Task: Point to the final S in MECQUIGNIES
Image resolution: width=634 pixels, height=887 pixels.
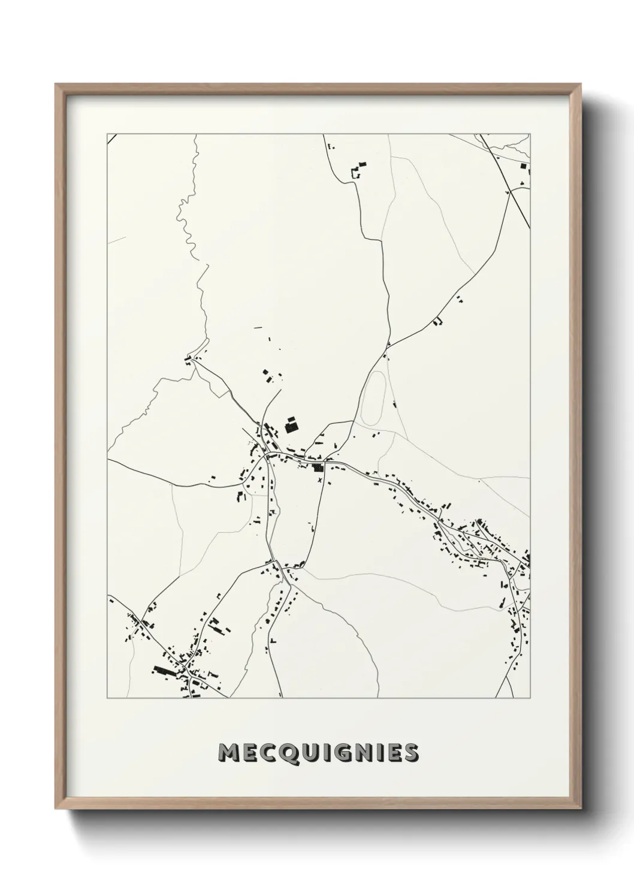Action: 410,752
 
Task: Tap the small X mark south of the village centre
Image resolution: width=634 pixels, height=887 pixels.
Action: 321,480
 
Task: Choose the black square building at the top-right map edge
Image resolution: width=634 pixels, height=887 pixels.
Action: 525,166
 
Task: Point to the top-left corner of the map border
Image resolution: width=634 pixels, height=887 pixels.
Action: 107,134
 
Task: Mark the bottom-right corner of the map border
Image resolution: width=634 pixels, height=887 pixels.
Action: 530,698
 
